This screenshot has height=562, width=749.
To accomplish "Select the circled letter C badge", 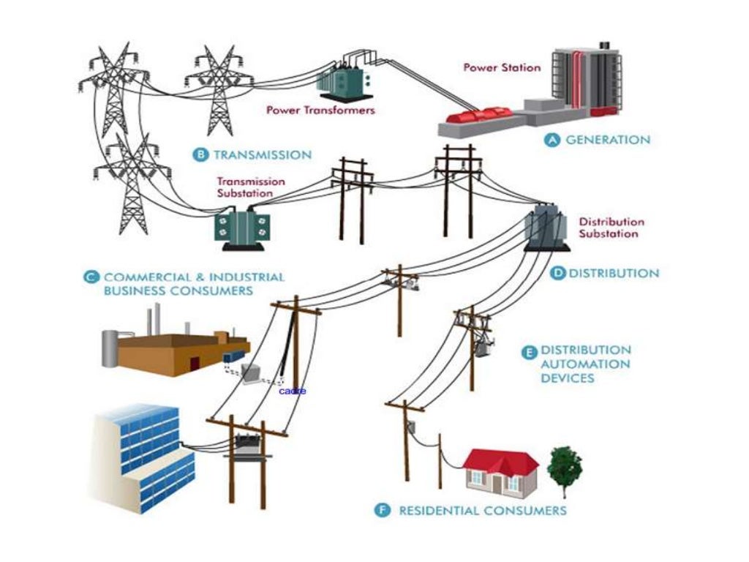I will [91, 277].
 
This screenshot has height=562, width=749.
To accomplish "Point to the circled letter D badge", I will [557, 273].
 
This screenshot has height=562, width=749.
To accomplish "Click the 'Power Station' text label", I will [502, 67].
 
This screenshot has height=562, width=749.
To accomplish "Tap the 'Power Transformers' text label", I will [320, 110].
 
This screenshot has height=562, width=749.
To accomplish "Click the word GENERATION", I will [607, 140].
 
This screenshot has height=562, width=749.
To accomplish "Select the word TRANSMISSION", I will [262, 154].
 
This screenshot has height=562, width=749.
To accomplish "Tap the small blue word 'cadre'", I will [293, 391].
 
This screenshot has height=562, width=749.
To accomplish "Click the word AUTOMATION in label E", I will [585, 364].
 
